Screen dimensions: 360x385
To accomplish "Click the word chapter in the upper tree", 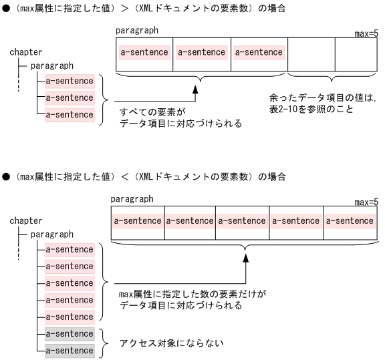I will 26,52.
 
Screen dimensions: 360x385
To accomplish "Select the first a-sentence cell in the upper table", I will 144,52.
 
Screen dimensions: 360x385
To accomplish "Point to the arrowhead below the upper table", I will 197,89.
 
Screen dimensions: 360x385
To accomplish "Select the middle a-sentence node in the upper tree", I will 70,98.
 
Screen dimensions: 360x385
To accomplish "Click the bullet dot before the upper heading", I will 6,8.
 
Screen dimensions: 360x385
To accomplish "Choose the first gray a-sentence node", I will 70,333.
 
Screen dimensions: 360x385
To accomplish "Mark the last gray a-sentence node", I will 70,350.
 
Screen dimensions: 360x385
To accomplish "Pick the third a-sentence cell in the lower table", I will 242,220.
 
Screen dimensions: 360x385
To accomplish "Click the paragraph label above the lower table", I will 132,199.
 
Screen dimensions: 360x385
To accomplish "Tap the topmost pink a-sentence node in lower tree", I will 70,250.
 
